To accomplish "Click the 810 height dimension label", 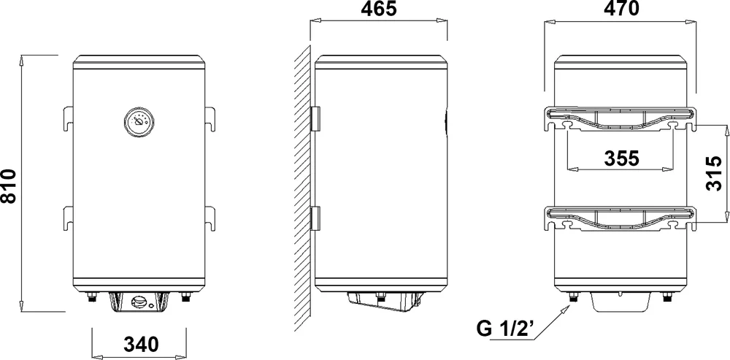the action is pyautogui.click(x=9, y=185).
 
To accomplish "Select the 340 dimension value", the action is pyautogui.click(x=142, y=344).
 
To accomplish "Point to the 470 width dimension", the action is pyautogui.click(x=621, y=9).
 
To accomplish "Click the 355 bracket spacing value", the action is pyautogui.click(x=621, y=158).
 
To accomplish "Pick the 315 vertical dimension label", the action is pyautogui.click(x=713, y=173).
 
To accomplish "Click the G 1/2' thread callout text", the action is pyautogui.click(x=507, y=329).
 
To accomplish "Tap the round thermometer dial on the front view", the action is pyautogui.click(x=138, y=122).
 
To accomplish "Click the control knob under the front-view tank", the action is pyautogui.click(x=139, y=302).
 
